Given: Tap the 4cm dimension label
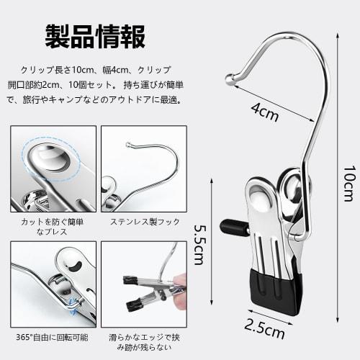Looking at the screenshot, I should (x=264, y=110).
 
